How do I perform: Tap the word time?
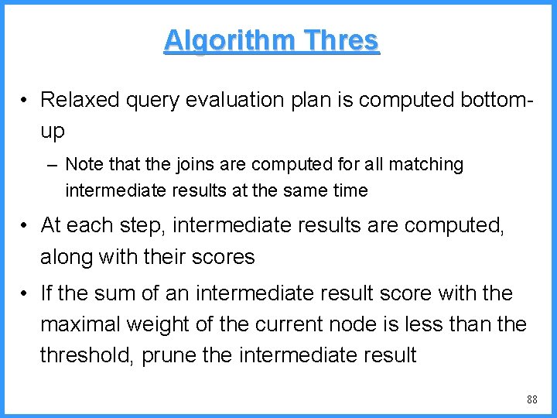point(349,190)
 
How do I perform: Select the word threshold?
point(87,355)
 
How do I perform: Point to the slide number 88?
point(531,399)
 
